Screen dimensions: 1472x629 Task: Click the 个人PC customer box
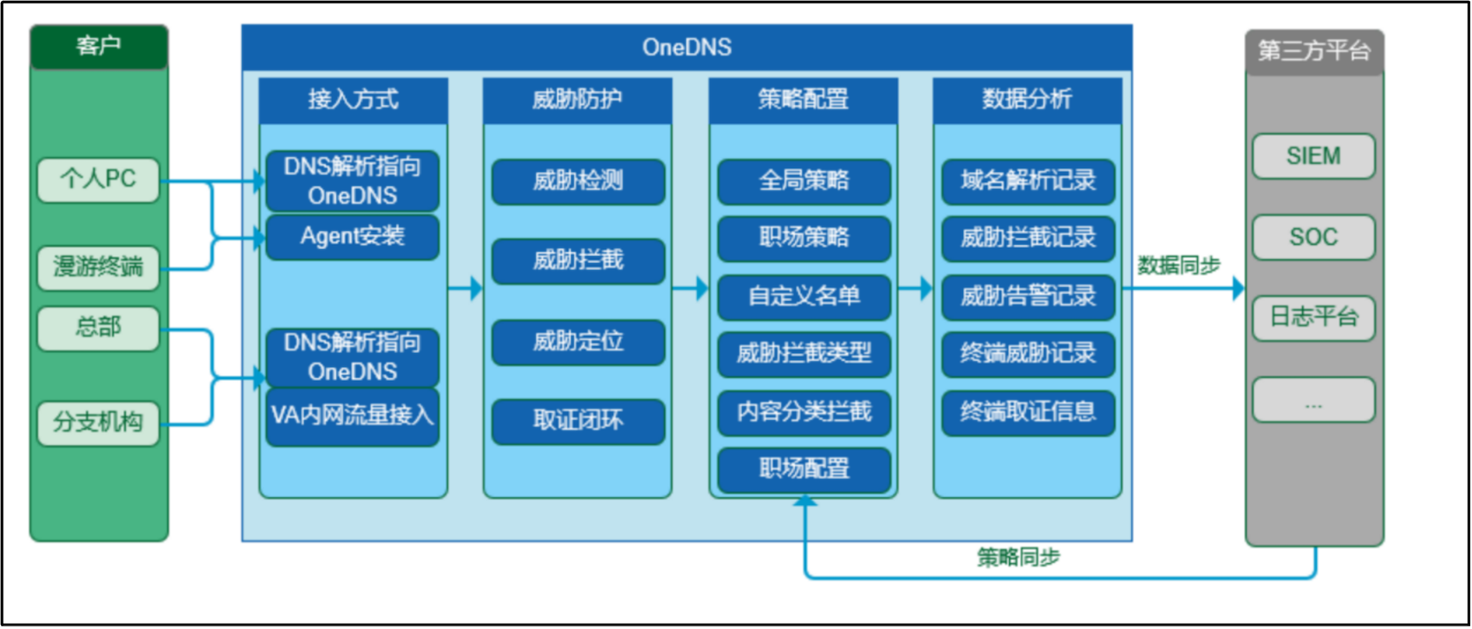click(99, 179)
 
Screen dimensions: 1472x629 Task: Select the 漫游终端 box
click(99, 267)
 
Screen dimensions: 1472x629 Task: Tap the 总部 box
click(99, 328)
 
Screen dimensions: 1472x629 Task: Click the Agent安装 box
click(353, 236)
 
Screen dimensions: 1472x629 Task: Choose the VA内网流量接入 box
click(353, 416)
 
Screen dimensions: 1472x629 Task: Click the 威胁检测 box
click(578, 181)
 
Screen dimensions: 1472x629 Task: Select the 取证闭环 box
click(578, 421)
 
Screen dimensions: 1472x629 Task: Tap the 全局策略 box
click(804, 181)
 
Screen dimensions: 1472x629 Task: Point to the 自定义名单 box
click(804, 297)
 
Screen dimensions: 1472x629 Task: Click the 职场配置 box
click(804, 469)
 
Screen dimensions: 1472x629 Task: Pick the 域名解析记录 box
click(1028, 181)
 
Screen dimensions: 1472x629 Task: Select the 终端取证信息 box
click(1028, 412)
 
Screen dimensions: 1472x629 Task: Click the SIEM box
click(1314, 156)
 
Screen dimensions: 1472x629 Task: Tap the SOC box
click(1314, 237)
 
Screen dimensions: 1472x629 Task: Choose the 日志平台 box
click(1314, 318)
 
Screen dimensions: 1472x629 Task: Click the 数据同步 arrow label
click(1179, 265)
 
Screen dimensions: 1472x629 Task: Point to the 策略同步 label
click(1019, 558)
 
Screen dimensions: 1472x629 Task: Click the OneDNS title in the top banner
click(687, 48)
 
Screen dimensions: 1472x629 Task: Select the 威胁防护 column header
click(577, 100)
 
